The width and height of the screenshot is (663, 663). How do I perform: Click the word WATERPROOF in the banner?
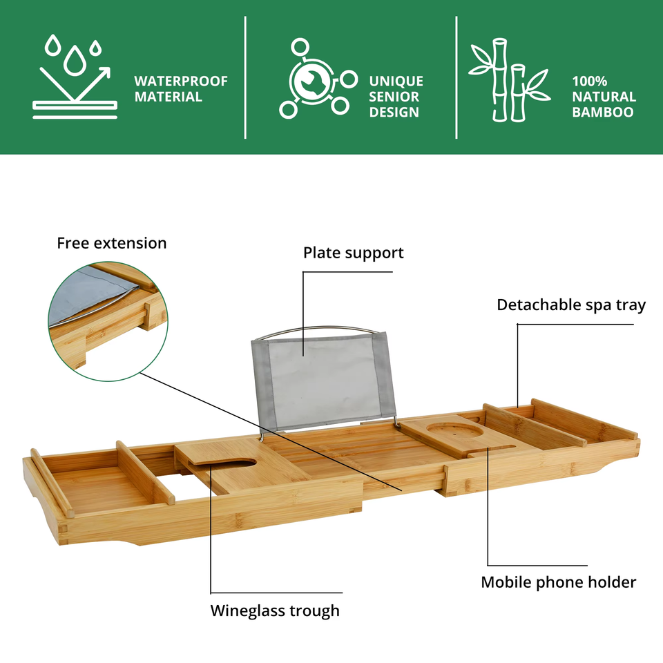pyautogui.click(x=181, y=81)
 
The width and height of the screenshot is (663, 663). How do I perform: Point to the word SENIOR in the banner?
pyautogui.click(x=394, y=97)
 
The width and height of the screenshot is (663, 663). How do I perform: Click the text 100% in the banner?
pyautogui.click(x=590, y=81)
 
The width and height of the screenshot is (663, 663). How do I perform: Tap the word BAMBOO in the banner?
pyautogui.click(x=603, y=112)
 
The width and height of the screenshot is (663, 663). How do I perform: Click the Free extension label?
pyautogui.click(x=112, y=243)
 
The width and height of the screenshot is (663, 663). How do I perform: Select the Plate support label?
pyautogui.click(x=353, y=253)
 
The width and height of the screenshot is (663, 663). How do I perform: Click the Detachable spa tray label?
pyautogui.click(x=571, y=305)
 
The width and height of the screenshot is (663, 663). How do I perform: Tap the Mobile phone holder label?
pyautogui.click(x=558, y=582)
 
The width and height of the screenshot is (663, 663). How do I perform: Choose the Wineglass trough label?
pyautogui.click(x=275, y=611)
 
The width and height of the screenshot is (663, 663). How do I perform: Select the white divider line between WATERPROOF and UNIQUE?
pyautogui.click(x=246, y=77)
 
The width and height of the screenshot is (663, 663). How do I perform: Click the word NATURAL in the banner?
pyautogui.click(x=604, y=97)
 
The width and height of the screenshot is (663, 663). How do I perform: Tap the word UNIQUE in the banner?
pyautogui.click(x=396, y=81)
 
